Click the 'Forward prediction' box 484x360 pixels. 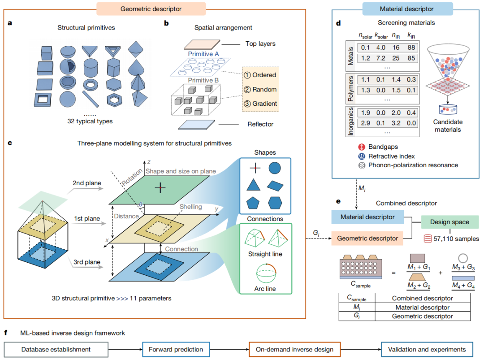tap(176, 349)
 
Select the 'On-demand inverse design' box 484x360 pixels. tap(294, 349)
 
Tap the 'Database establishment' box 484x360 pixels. tap(56, 349)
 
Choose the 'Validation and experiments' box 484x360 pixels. tap(427, 349)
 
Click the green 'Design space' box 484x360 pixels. tap(450, 222)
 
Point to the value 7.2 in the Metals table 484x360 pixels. tap(380, 58)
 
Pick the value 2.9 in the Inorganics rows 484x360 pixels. tap(366, 123)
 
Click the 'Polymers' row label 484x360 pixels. tap(350, 89)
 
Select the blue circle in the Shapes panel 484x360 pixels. tap(275, 168)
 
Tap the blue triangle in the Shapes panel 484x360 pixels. tap(253, 185)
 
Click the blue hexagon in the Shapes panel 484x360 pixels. tap(275, 203)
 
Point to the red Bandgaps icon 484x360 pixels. tap(362, 147)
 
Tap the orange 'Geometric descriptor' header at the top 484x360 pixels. tap(151, 9)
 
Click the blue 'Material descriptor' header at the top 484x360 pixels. tap(406, 9)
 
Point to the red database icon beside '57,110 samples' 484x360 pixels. tap(428, 239)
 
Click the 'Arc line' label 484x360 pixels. tap(265, 289)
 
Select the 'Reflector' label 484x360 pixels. tap(260, 124)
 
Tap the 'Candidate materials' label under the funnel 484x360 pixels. tap(448, 126)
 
